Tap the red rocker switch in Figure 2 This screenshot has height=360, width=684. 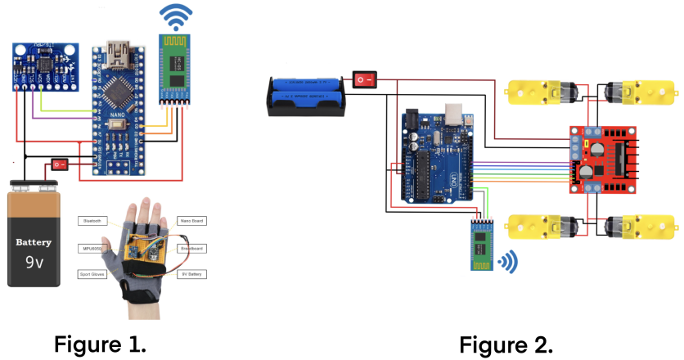click(365, 79)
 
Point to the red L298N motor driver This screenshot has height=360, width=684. click(602, 159)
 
